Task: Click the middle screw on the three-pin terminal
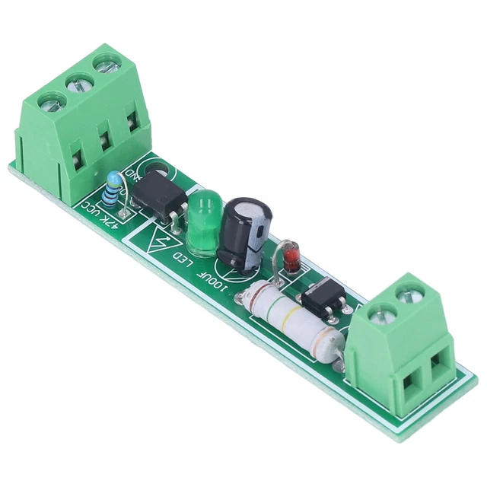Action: coord(77,83)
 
